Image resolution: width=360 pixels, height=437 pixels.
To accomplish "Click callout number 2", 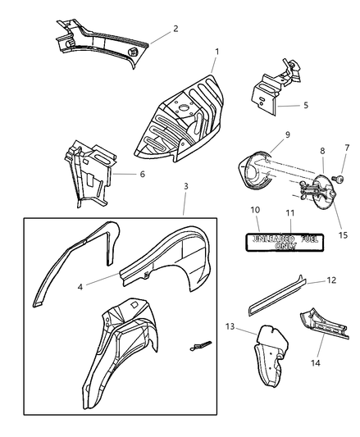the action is (x=175, y=29).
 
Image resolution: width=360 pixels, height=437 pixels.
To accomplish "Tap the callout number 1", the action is (x=217, y=52).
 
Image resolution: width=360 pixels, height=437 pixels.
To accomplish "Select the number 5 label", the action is (x=306, y=105).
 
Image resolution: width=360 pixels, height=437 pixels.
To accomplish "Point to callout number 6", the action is (x=143, y=174).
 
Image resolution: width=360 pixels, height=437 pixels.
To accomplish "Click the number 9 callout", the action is (x=288, y=134).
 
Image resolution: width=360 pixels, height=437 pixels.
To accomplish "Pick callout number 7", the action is (x=347, y=148).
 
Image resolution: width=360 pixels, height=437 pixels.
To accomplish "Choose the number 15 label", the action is (x=344, y=235).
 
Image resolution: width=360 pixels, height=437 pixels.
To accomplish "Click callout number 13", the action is (x=230, y=326).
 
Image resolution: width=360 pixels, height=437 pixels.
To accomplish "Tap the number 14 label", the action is (x=316, y=363).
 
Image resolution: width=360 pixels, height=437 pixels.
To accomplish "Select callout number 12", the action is (x=331, y=280).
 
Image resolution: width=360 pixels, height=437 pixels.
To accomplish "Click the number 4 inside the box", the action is (x=80, y=287).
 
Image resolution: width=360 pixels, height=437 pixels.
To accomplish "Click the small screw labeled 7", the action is (x=338, y=179).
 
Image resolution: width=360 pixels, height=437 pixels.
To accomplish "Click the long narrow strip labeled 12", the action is (x=277, y=296).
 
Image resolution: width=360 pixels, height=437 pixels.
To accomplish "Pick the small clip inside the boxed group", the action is (x=200, y=346).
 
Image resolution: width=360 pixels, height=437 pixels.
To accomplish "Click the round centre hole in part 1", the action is (x=183, y=107).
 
